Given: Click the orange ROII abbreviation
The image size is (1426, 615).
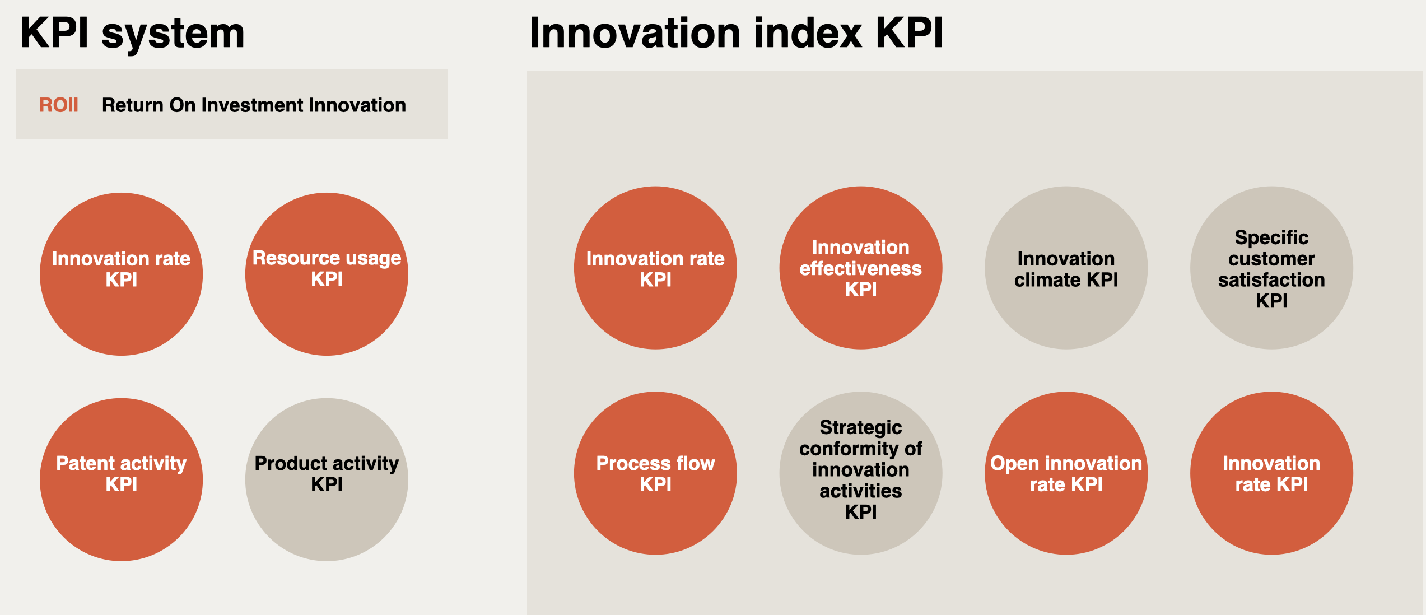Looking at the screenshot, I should click(x=58, y=105).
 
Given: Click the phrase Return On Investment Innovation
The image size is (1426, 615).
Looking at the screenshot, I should click(x=254, y=105).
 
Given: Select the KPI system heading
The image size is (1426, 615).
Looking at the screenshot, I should click(x=132, y=34).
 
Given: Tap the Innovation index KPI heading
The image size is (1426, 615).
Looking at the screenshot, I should click(x=736, y=34).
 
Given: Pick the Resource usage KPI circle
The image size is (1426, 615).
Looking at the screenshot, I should click(x=327, y=274).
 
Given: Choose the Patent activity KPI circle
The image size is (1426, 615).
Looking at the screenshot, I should click(x=121, y=479).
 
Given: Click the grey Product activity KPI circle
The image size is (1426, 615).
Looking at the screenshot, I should click(x=327, y=479).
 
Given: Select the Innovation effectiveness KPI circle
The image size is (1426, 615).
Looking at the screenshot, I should click(x=860, y=268).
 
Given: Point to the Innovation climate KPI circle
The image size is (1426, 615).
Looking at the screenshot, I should click(x=1066, y=268).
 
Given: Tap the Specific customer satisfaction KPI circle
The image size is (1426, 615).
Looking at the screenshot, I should click(x=1271, y=268).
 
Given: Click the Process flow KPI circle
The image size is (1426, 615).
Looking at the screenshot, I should click(x=655, y=473).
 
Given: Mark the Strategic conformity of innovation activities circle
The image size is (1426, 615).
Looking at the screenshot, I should click(x=860, y=473).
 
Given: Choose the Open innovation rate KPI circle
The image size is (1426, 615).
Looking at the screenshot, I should click(x=1066, y=473).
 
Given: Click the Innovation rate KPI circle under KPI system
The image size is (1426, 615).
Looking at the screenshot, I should click(x=121, y=274).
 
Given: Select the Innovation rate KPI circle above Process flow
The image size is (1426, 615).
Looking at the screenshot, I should click(x=655, y=268).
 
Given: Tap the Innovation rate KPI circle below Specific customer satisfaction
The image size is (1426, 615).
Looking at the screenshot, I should click(x=1271, y=473).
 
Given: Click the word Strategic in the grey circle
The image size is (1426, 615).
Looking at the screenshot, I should click(x=860, y=427).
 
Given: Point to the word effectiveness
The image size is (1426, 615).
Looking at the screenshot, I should click(x=860, y=269).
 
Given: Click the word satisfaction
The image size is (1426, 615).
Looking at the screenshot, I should click(x=1271, y=280).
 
